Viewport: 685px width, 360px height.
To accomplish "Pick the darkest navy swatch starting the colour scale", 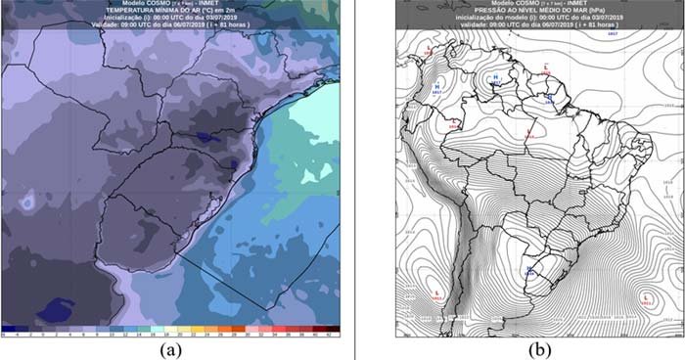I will click(x=8, y=329).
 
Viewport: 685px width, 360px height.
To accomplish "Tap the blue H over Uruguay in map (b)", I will click(x=529, y=268).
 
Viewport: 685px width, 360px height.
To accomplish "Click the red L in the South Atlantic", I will click(x=647, y=293).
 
